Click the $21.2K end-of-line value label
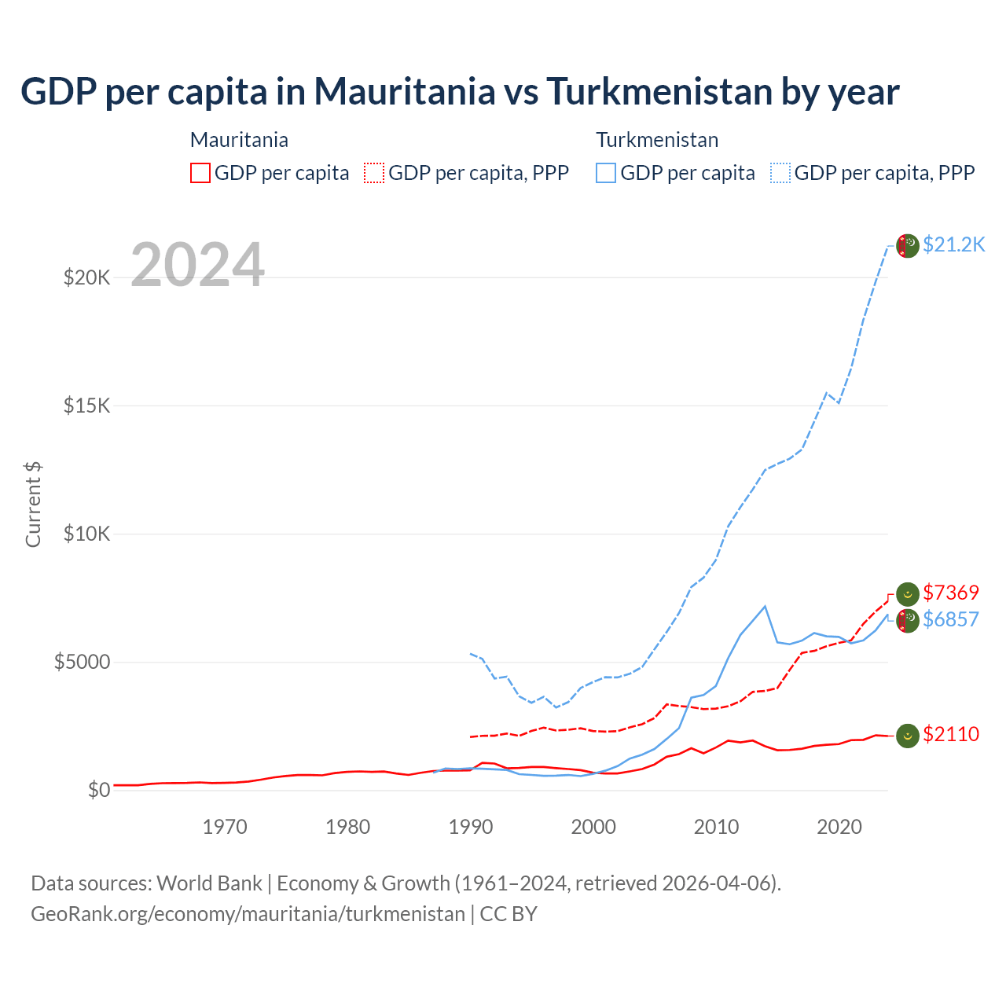pyautogui.click(x=953, y=245)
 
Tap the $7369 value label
pyautogui.click(x=951, y=593)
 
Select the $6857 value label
pyautogui.click(x=951, y=619)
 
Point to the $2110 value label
pyautogui.click(x=951, y=734)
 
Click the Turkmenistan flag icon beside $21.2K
pyautogui.click(x=908, y=246)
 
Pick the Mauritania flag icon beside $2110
pyautogui.click(x=908, y=736)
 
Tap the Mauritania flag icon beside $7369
pyautogui.click(x=908, y=594)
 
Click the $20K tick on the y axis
pyautogui.click(x=86, y=277)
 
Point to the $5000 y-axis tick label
pyautogui.click(x=82, y=662)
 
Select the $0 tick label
pyautogui.click(x=98, y=790)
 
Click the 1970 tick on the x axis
pyautogui.click(x=225, y=827)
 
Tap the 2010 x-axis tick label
pyautogui.click(x=716, y=827)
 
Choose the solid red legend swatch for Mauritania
pyautogui.click(x=200, y=173)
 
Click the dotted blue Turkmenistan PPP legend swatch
pyautogui.click(x=780, y=173)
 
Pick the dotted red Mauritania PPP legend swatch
pyautogui.click(x=374, y=173)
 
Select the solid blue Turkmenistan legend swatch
pyautogui.click(x=606, y=173)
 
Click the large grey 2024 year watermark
pyautogui.click(x=197, y=266)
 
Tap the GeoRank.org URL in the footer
pyautogui.click(x=248, y=914)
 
